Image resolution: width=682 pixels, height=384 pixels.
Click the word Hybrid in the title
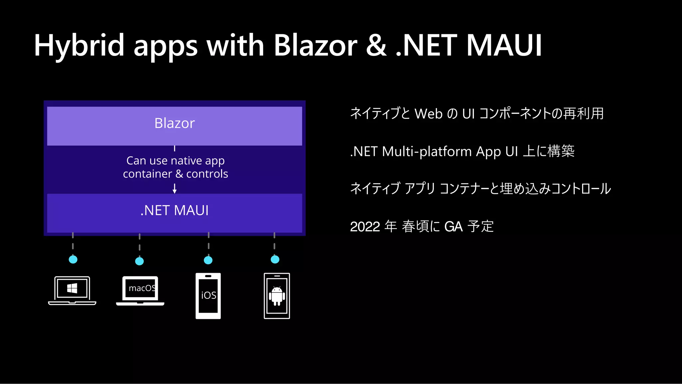pyautogui.click(x=79, y=46)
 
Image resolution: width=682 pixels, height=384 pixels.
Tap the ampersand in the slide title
pyautogui.click(x=376, y=46)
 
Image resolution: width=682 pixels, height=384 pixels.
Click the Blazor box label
pyautogui.click(x=174, y=123)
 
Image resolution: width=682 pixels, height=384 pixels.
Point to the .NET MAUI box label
pyautogui.click(x=174, y=210)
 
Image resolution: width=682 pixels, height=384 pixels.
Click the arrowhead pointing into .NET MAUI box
pyautogui.click(x=174, y=191)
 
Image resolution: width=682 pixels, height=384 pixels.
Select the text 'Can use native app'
pyautogui.click(x=175, y=161)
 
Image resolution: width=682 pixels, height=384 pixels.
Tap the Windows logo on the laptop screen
pyautogui.click(x=72, y=288)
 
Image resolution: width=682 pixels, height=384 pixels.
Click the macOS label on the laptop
pyautogui.click(x=142, y=288)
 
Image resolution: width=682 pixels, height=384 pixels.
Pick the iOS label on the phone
pyautogui.click(x=208, y=295)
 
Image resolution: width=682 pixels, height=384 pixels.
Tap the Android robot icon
pyautogui.click(x=277, y=296)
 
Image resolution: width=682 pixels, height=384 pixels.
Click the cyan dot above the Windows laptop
pyautogui.click(x=73, y=259)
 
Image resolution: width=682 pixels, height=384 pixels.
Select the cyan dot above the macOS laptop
pyautogui.click(x=140, y=261)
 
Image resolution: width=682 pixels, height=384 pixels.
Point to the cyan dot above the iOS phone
pyautogui.click(x=208, y=260)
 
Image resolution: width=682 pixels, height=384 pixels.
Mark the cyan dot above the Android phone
pyautogui.click(x=275, y=259)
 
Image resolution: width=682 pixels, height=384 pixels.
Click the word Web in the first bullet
pyautogui.click(x=428, y=114)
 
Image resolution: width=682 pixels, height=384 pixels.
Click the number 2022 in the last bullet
pyautogui.click(x=365, y=227)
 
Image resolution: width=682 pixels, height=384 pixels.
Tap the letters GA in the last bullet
pyautogui.click(x=454, y=227)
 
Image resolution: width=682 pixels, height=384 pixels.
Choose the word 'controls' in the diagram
pyautogui.click(x=207, y=174)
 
